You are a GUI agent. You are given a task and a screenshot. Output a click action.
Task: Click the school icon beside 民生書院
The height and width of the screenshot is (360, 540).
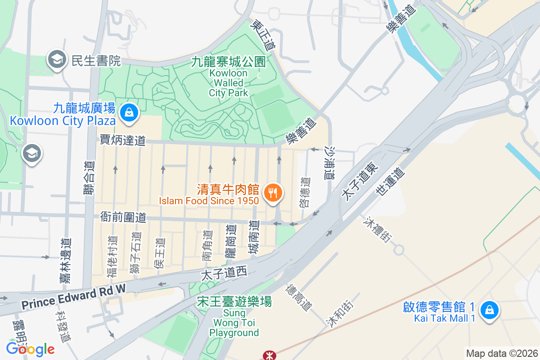click(x=57, y=59)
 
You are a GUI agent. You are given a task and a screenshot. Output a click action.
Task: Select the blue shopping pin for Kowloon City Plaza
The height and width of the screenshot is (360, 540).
click(x=129, y=112)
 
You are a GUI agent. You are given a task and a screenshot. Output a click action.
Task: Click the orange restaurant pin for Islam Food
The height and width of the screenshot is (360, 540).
click(x=273, y=193)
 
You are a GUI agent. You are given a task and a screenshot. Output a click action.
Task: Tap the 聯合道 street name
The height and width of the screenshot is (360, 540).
click(x=89, y=178)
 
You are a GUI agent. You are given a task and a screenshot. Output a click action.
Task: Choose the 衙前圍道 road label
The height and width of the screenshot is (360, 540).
click(x=123, y=218)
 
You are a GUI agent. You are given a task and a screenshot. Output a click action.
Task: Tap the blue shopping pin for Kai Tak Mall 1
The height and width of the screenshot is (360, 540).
click(x=489, y=310)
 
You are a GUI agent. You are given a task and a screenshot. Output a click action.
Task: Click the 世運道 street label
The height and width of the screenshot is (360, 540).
click(x=390, y=182)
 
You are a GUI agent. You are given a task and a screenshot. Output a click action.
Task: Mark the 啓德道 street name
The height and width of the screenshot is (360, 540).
click(x=305, y=193)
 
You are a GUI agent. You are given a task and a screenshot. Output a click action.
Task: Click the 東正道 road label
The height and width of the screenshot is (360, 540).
click(x=264, y=35)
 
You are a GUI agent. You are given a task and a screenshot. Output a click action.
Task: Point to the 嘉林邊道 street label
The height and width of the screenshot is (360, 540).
click(x=66, y=261)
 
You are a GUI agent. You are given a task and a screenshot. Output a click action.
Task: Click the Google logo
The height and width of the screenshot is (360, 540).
click(x=30, y=349)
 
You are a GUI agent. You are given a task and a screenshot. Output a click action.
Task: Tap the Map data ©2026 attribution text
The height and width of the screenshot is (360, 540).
click(x=501, y=354)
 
